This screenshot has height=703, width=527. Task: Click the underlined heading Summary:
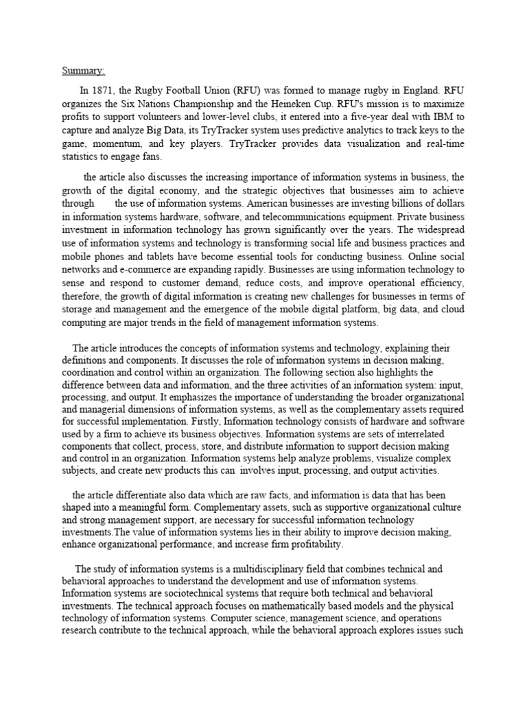click(x=84, y=71)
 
